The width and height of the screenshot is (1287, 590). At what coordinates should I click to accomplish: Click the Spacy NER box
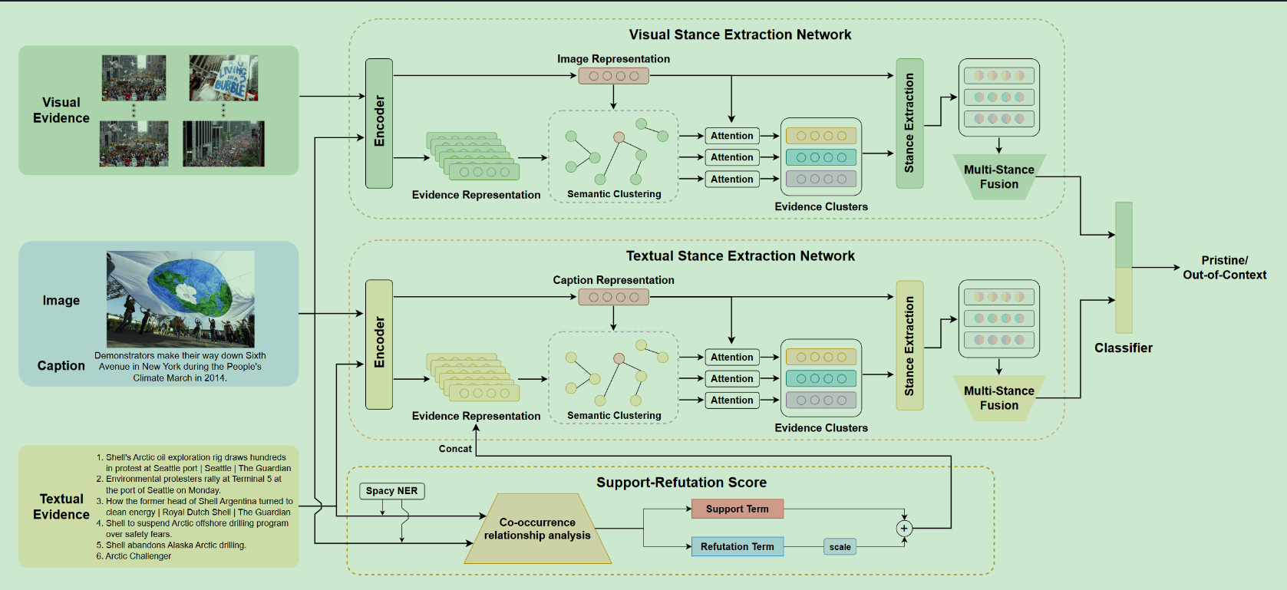[391, 491]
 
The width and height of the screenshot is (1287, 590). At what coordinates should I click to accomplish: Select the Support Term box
[737, 509]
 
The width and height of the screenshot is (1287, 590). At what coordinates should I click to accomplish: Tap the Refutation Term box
[737, 546]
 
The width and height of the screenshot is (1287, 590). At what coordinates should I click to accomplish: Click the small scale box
[840, 547]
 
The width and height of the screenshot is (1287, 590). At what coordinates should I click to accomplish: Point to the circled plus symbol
[904, 528]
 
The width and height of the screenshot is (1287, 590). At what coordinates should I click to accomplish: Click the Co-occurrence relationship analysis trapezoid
[537, 529]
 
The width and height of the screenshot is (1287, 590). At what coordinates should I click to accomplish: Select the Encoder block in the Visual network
[379, 123]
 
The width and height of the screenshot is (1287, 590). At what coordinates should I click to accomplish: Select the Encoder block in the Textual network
[379, 344]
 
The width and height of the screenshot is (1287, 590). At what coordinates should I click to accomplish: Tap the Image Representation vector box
[613, 76]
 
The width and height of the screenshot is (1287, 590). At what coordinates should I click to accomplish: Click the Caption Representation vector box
[613, 297]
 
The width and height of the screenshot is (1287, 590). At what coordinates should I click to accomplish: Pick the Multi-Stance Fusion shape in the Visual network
[998, 177]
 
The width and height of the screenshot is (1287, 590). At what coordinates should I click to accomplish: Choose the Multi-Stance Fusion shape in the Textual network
[998, 398]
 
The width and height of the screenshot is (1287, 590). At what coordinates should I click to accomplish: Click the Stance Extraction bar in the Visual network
[909, 123]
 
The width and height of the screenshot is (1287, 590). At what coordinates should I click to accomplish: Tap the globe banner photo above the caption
[180, 299]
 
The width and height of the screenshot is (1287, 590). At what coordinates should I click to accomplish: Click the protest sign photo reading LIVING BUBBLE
[223, 78]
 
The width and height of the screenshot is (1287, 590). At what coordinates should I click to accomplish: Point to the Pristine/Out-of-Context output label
[1224, 268]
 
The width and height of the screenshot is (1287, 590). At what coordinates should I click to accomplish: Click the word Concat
[455, 449]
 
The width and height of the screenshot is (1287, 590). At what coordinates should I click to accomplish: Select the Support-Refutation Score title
[681, 483]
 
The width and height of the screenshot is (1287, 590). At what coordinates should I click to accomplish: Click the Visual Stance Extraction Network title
[740, 35]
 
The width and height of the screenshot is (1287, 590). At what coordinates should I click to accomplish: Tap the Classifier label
[1123, 348]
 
